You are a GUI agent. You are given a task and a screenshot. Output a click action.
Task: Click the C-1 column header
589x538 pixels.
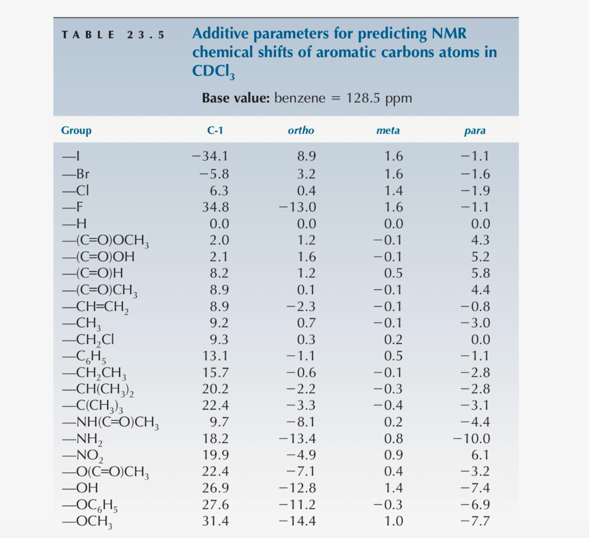click(215, 131)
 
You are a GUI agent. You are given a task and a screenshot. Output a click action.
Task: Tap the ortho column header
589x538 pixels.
click(301, 131)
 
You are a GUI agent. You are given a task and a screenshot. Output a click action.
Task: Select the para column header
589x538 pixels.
click(475, 131)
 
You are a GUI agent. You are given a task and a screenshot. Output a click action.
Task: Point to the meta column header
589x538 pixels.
click(388, 131)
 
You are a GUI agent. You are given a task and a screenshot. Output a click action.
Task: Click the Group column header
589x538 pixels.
click(76, 131)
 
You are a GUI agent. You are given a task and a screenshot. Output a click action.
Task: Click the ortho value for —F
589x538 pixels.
click(297, 207)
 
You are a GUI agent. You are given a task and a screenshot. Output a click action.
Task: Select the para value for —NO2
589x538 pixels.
click(480, 455)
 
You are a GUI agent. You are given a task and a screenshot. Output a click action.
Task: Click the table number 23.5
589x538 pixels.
click(145, 35)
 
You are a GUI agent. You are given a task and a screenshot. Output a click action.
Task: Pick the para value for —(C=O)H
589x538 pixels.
click(480, 273)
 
